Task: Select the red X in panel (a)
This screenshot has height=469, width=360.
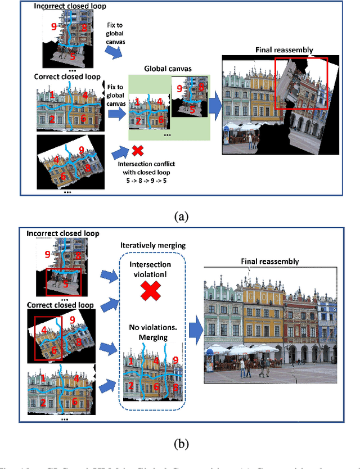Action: (x=137, y=151)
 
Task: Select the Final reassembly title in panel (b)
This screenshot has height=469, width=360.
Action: (x=269, y=261)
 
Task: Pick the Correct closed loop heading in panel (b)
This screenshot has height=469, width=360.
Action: (x=55, y=305)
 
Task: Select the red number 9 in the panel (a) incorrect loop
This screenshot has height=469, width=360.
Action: (x=54, y=26)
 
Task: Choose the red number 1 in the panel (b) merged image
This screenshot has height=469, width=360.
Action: (x=131, y=360)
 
